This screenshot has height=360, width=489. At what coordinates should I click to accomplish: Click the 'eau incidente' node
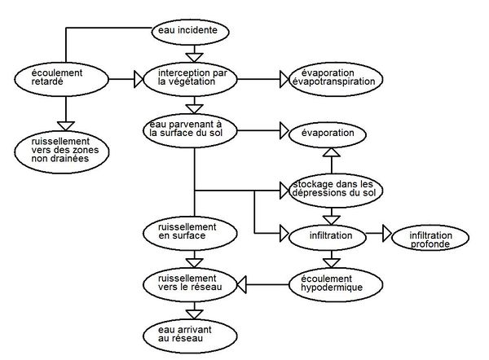pos(190,32)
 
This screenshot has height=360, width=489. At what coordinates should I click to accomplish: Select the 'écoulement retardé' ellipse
pos(61,79)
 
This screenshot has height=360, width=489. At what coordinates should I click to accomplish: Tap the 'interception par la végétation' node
pos(190,79)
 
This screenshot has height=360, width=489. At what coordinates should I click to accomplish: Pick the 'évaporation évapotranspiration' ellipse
pos(336,79)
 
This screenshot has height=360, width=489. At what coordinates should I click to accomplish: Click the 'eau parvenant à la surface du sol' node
pos(190,130)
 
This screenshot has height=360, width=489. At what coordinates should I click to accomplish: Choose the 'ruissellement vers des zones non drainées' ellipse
pos(62,151)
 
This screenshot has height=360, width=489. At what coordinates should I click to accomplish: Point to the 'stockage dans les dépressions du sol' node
pos(336,191)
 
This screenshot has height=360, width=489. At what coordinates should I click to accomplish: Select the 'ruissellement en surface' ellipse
pos(190,234)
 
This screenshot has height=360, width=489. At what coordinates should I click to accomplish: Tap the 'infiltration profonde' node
pos(430,238)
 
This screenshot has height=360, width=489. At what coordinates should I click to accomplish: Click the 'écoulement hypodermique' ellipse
pos(336,285)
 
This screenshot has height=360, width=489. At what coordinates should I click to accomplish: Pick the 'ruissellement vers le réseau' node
pos(190,285)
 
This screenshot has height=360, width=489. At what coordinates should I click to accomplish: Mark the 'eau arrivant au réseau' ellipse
pos(190,336)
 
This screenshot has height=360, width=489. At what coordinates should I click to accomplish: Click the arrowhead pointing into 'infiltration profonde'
pos(387,233)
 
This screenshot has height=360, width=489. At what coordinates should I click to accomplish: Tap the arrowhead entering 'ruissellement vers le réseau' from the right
pos(242,284)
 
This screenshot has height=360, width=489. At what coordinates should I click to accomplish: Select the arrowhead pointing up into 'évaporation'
pos(332,152)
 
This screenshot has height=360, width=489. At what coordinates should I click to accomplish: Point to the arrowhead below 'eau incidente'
pos(194,58)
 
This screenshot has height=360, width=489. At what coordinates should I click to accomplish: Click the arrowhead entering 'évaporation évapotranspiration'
pos(284,79)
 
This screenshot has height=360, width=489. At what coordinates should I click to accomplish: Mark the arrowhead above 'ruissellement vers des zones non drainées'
pos(66,126)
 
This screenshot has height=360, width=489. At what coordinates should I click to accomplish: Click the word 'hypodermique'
pos(332,288)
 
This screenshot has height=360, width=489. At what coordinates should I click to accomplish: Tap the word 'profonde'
pos(430,244)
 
